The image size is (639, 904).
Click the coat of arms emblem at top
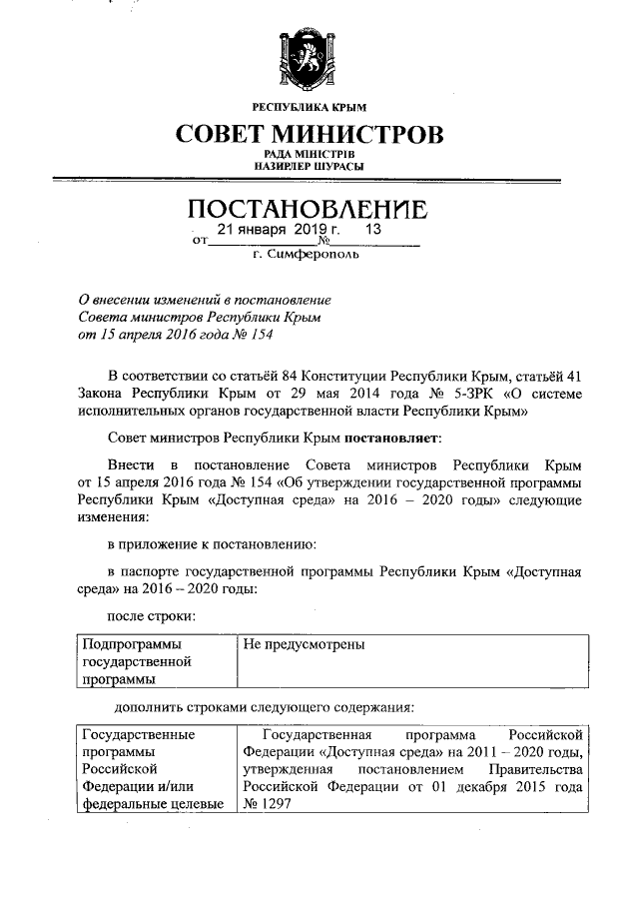310,61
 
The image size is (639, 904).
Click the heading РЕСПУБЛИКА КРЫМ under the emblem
310,107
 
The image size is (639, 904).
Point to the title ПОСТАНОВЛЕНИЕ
310,211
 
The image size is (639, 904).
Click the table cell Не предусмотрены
304,645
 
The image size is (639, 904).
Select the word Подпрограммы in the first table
126,645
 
